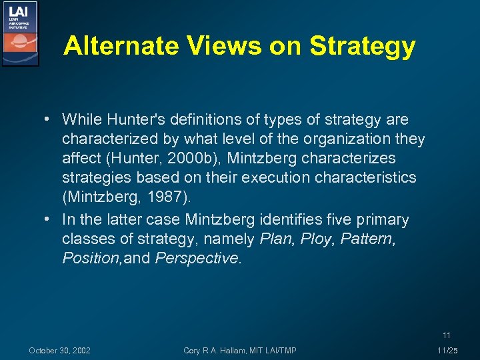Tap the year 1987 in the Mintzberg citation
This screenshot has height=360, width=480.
coord(164,197)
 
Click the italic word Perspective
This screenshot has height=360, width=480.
coord(197,258)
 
